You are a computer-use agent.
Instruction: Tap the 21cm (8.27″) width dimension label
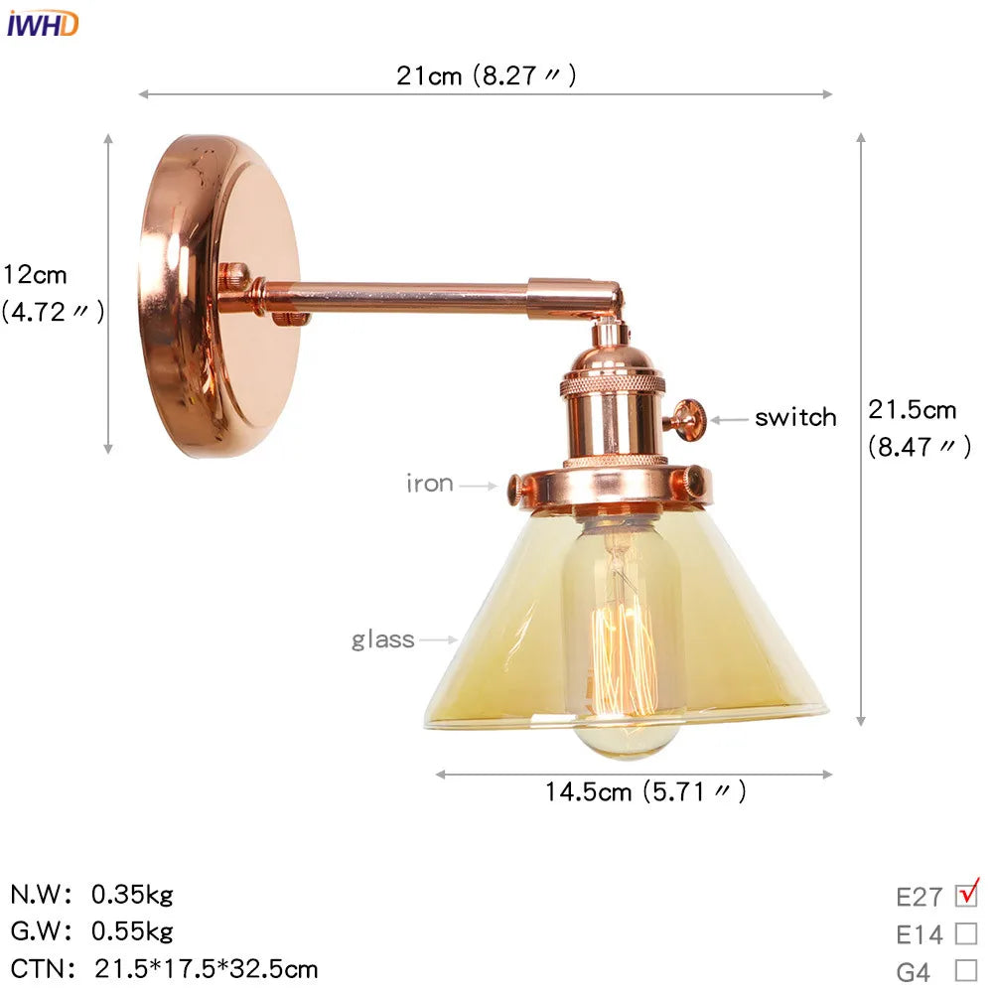[486, 75]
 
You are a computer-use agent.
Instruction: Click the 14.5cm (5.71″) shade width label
[644, 791]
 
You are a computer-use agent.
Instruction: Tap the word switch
[794, 418]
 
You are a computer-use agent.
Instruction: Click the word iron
[429, 485]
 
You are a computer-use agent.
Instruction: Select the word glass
[382, 639]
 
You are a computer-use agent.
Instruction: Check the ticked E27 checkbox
[965, 896]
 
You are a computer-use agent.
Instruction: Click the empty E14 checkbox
[965, 933]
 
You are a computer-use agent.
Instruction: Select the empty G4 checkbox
[965, 970]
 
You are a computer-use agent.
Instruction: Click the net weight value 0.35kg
[132, 895]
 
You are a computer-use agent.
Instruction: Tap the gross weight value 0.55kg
[132, 931]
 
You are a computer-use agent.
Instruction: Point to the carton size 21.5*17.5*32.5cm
[207, 968]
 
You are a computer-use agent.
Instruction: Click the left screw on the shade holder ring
[516, 488]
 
